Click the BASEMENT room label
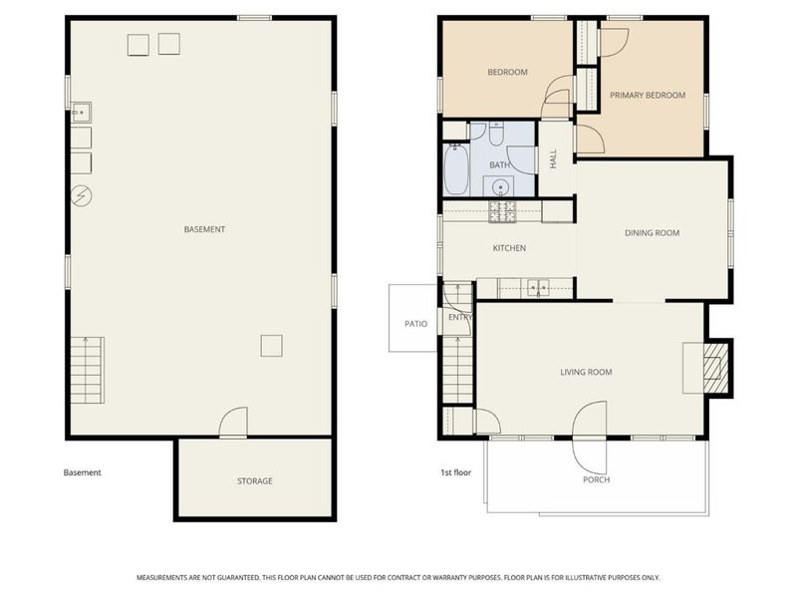click(x=204, y=229)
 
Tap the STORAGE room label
click(x=254, y=481)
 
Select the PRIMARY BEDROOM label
click(x=648, y=96)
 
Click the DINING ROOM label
click(x=652, y=233)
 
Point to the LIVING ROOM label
click(x=586, y=372)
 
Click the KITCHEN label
click(x=509, y=248)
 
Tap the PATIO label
click(x=415, y=324)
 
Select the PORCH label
click(x=596, y=479)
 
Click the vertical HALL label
click(x=554, y=158)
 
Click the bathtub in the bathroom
click(x=456, y=170)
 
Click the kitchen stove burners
click(x=503, y=211)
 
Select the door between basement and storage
click(x=232, y=424)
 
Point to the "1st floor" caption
click(x=455, y=473)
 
